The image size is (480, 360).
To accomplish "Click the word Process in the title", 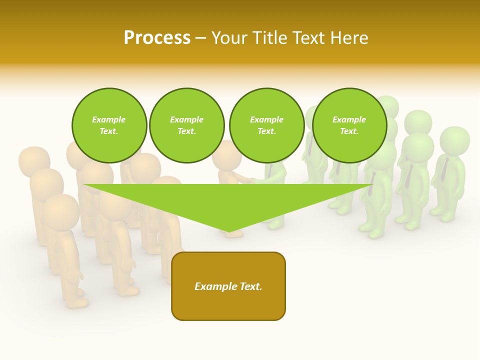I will pos(157,38).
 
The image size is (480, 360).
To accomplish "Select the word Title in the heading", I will pos(270,38).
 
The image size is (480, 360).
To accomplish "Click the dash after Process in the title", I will pos(200,38).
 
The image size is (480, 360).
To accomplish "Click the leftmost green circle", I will pos(109,125).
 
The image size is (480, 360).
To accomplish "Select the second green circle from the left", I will pos(187,125).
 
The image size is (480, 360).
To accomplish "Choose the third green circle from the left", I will pos(266,125).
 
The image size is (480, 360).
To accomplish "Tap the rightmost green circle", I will pos(349,125).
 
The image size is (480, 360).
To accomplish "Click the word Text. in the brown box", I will pos(250,286).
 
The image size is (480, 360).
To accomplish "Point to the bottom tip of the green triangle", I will pos(229,231).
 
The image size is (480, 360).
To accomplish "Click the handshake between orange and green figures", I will pos(246,179).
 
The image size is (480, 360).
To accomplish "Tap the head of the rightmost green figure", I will pos(454,139).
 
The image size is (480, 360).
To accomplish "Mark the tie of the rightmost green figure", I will pos(444,170).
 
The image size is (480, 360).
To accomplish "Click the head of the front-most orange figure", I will pos(60,210).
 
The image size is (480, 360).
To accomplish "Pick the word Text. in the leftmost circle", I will pos(109,131).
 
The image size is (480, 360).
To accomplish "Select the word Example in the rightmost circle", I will pos(349,119).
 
